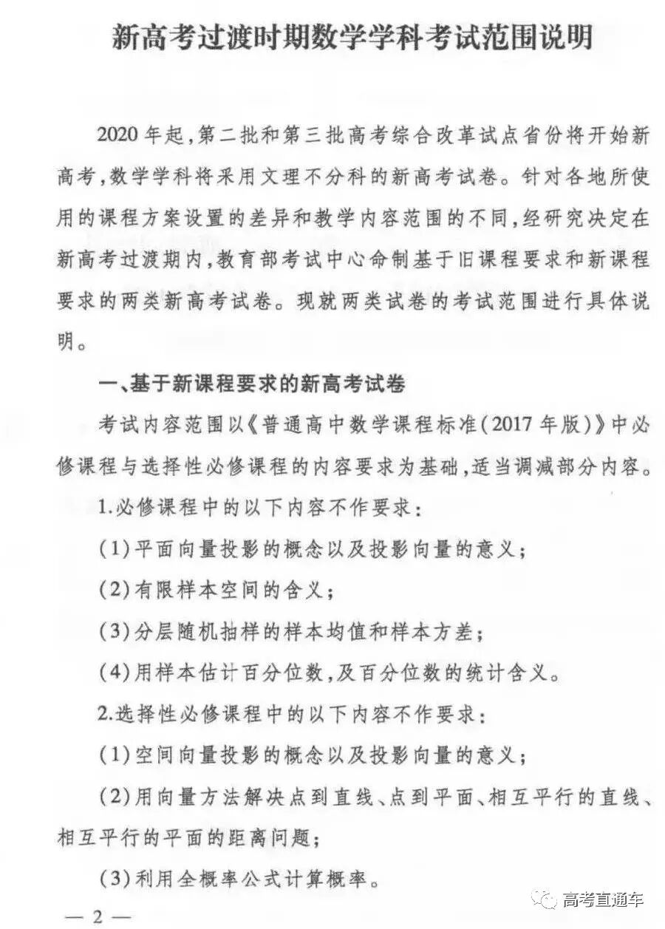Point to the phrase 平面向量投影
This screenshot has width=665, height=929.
(196, 550)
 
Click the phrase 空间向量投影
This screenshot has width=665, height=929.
(196, 755)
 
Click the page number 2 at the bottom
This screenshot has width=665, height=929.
(97, 917)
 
